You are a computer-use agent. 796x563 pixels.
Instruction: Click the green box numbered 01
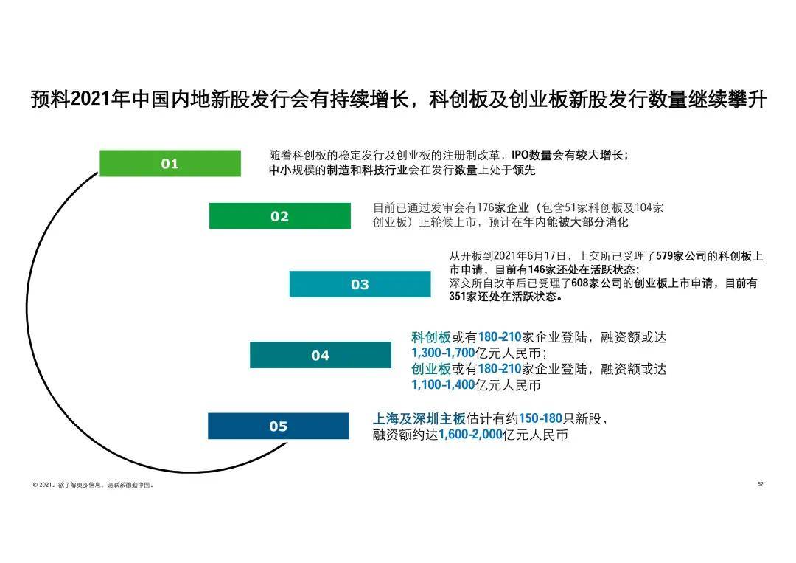click(170, 163)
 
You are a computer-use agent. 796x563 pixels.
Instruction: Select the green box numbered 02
click(280, 216)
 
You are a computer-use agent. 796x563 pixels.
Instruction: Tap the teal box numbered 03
click(360, 284)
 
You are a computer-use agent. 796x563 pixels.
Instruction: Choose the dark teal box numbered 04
click(320, 355)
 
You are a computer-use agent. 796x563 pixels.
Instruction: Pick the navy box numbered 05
click(278, 426)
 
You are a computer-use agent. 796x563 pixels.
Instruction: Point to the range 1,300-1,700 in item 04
click(443, 353)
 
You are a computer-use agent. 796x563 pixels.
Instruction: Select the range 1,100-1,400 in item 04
click(443, 385)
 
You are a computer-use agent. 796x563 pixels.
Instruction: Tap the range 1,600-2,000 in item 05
click(470, 435)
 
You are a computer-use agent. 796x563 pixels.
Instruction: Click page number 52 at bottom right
click(761, 484)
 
